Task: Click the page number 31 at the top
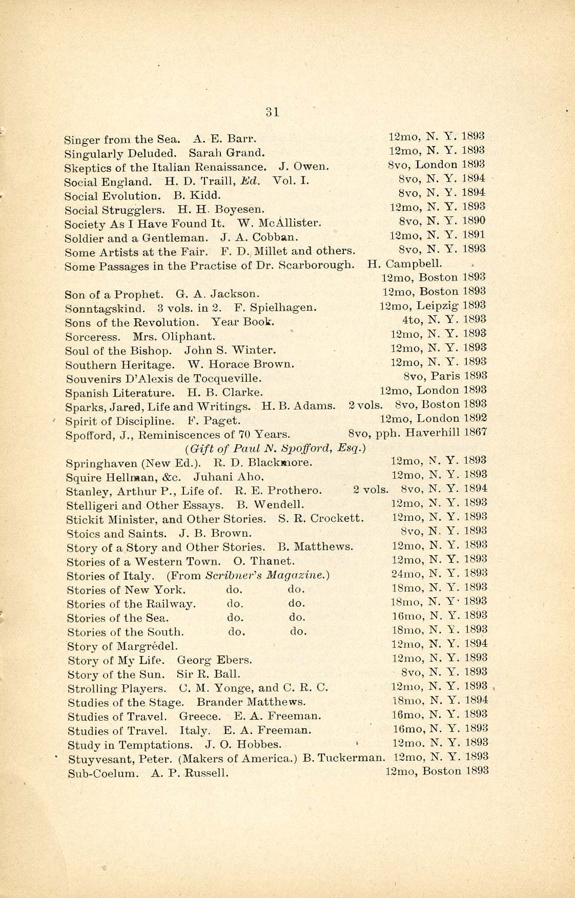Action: click(273, 112)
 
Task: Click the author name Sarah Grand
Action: click(227, 153)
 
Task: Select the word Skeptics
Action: click(85, 168)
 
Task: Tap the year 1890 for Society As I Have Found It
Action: click(474, 221)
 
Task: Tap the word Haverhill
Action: click(432, 433)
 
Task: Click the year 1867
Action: click(475, 433)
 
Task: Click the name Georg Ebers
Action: click(214, 660)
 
